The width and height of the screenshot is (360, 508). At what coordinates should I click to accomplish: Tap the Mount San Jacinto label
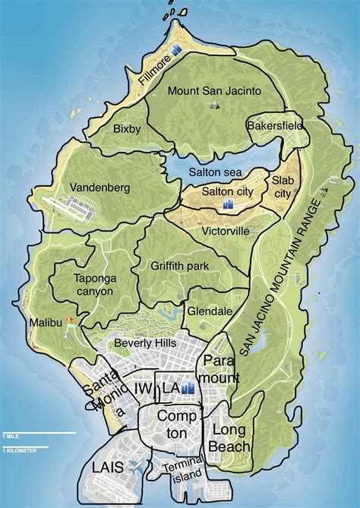[x=215, y=90]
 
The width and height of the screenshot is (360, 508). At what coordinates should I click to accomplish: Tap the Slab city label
[x=282, y=186]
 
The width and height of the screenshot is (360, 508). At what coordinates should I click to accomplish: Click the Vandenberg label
[x=99, y=187]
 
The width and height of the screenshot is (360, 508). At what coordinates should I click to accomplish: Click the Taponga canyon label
[x=94, y=285]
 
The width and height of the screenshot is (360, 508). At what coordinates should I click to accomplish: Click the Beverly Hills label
[x=144, y=343]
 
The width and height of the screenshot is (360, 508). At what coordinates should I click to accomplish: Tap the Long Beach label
[x=227, y=438]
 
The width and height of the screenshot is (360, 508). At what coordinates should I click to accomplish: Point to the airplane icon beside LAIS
[x=136, y=466]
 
